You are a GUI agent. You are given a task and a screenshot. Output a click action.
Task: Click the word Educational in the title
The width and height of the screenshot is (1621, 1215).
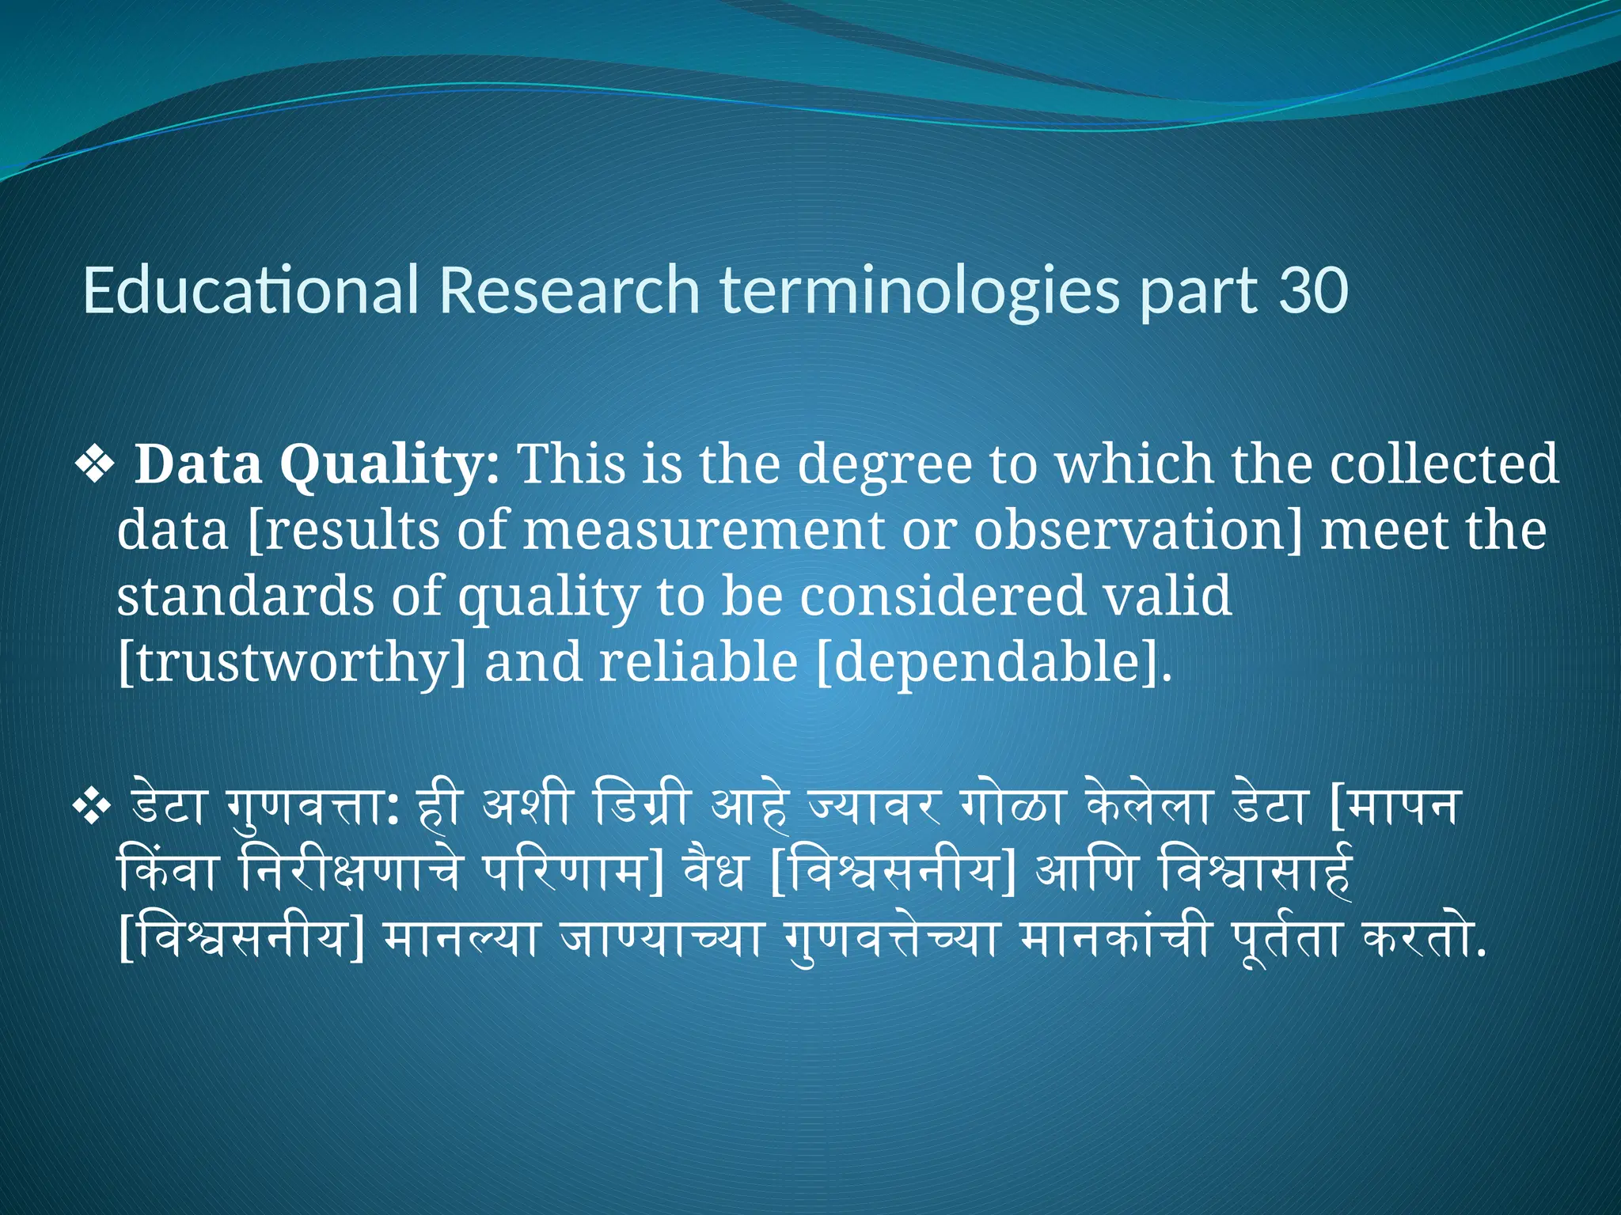[x=250, y=290]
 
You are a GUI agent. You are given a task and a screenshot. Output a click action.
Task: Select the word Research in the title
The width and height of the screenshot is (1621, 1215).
[x=569, y=290]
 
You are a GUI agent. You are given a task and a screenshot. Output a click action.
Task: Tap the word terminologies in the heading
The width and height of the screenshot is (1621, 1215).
[x=920, y=290]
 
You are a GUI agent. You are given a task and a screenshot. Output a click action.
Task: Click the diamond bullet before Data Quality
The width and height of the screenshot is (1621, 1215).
[x=95, y=465]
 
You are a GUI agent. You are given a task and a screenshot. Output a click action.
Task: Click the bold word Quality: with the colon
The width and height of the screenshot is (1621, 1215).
[x=389, y=465]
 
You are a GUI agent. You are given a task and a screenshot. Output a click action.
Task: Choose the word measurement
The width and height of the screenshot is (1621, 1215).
[x=703, y=531]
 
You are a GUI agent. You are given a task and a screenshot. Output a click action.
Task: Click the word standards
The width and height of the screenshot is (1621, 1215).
[x=245, y=597]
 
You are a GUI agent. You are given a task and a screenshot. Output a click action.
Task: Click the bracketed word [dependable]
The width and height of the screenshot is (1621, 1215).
[x=993, y=664]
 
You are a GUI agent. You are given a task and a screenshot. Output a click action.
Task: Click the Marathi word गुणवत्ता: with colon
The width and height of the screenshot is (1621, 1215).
[x=312, y=808]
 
